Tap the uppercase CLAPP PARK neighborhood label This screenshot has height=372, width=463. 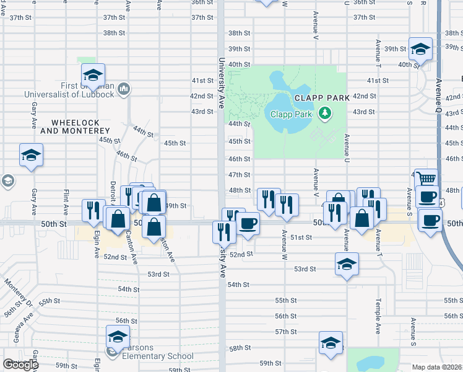(x=322, y=97)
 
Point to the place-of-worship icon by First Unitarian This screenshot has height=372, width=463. (x=124, y=90)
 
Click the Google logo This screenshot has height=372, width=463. (x=20, y=365)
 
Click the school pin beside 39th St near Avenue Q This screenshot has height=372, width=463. (x=420, y=49)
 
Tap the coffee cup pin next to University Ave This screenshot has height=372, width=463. (x=248, y=224)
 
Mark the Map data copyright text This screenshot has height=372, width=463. (x=437, y=367)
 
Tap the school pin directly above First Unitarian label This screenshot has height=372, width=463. (x=93, y=74)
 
